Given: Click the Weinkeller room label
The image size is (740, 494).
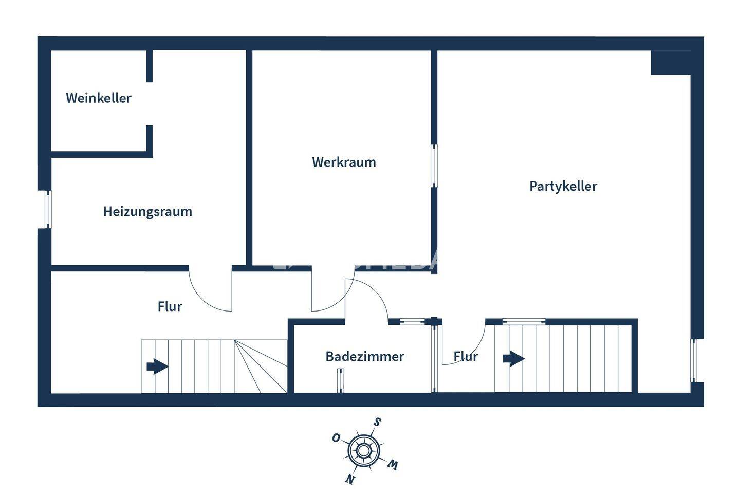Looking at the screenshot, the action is click(99, 98).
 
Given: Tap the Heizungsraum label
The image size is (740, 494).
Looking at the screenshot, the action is click(147, 211).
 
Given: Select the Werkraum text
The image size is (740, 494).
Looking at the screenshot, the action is click(344, 162).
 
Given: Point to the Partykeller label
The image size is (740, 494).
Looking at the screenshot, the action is click(563, 186).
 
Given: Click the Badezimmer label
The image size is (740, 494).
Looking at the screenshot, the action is click(364, 356).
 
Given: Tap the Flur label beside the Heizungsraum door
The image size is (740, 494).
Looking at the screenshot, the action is click(170, 306).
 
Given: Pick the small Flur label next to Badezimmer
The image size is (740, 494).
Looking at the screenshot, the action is click(466, 356).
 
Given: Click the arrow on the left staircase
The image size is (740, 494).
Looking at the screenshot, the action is click(157, 367).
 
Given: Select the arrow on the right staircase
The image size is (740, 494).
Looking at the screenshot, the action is click(513, 358).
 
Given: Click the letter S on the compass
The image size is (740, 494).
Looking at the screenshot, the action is click(377, 423).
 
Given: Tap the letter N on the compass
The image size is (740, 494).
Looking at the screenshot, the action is click(350, 479).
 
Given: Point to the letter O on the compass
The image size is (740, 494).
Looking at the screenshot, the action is click(336, 437).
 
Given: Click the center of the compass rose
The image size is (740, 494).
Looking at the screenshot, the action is click(364, 451).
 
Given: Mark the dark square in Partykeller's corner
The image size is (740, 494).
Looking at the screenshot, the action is click(671, 62).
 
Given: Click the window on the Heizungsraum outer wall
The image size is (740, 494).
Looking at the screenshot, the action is click(48, 209).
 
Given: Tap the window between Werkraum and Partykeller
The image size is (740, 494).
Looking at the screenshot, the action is click(434, 166).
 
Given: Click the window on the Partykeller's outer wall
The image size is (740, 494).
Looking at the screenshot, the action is click(693, 360).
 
